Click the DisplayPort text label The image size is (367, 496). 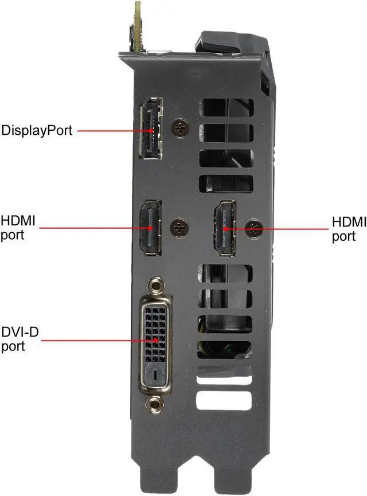[x=37, y=130]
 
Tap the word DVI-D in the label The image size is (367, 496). [x=20, y=332]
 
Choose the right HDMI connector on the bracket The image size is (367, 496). [x=225, y=228]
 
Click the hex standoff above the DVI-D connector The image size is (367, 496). [x=154, y=285]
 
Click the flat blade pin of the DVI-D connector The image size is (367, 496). [x=156, y=376]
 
